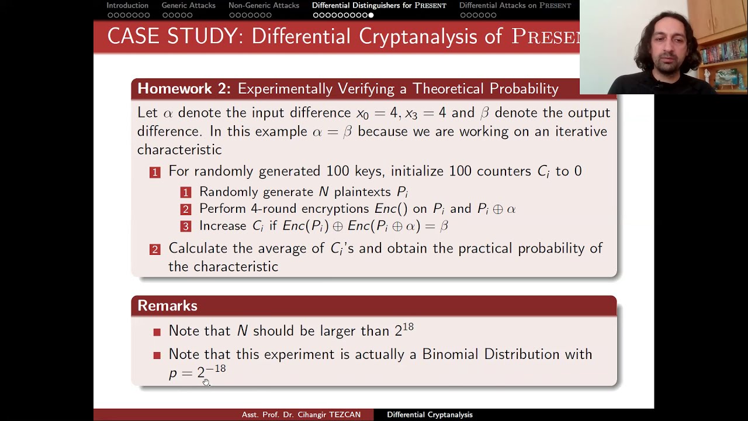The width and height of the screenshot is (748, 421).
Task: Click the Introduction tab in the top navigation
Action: click(x=127, y=5)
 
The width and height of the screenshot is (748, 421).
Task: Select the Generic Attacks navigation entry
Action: click(x=188, y=5)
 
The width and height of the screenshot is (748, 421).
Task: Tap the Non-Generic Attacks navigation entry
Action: click(x=264, y=5)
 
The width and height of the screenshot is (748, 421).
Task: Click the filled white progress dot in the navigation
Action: click(x=371, y=15)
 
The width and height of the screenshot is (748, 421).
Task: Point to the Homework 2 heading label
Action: click(x=183, y=88)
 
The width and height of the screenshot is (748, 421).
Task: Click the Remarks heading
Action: click(x=167, y=306)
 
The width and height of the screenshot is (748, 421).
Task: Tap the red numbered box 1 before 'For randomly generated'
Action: click(x=155, y=172)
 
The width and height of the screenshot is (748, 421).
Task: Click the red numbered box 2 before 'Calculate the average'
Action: click(x=155, y=249)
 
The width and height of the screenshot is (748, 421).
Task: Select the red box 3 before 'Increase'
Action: click(x=186, y=226)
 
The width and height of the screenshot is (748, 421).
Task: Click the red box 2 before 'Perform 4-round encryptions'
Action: click(x=186, y=209)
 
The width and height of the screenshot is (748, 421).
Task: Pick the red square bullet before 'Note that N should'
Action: click(x=157, y=332)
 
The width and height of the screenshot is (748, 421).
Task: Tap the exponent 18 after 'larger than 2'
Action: click(x=408, y=327)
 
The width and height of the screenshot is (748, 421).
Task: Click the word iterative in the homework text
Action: click(x=579, y=132)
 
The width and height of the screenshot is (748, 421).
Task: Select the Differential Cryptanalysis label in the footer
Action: click(x=430, y=415)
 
